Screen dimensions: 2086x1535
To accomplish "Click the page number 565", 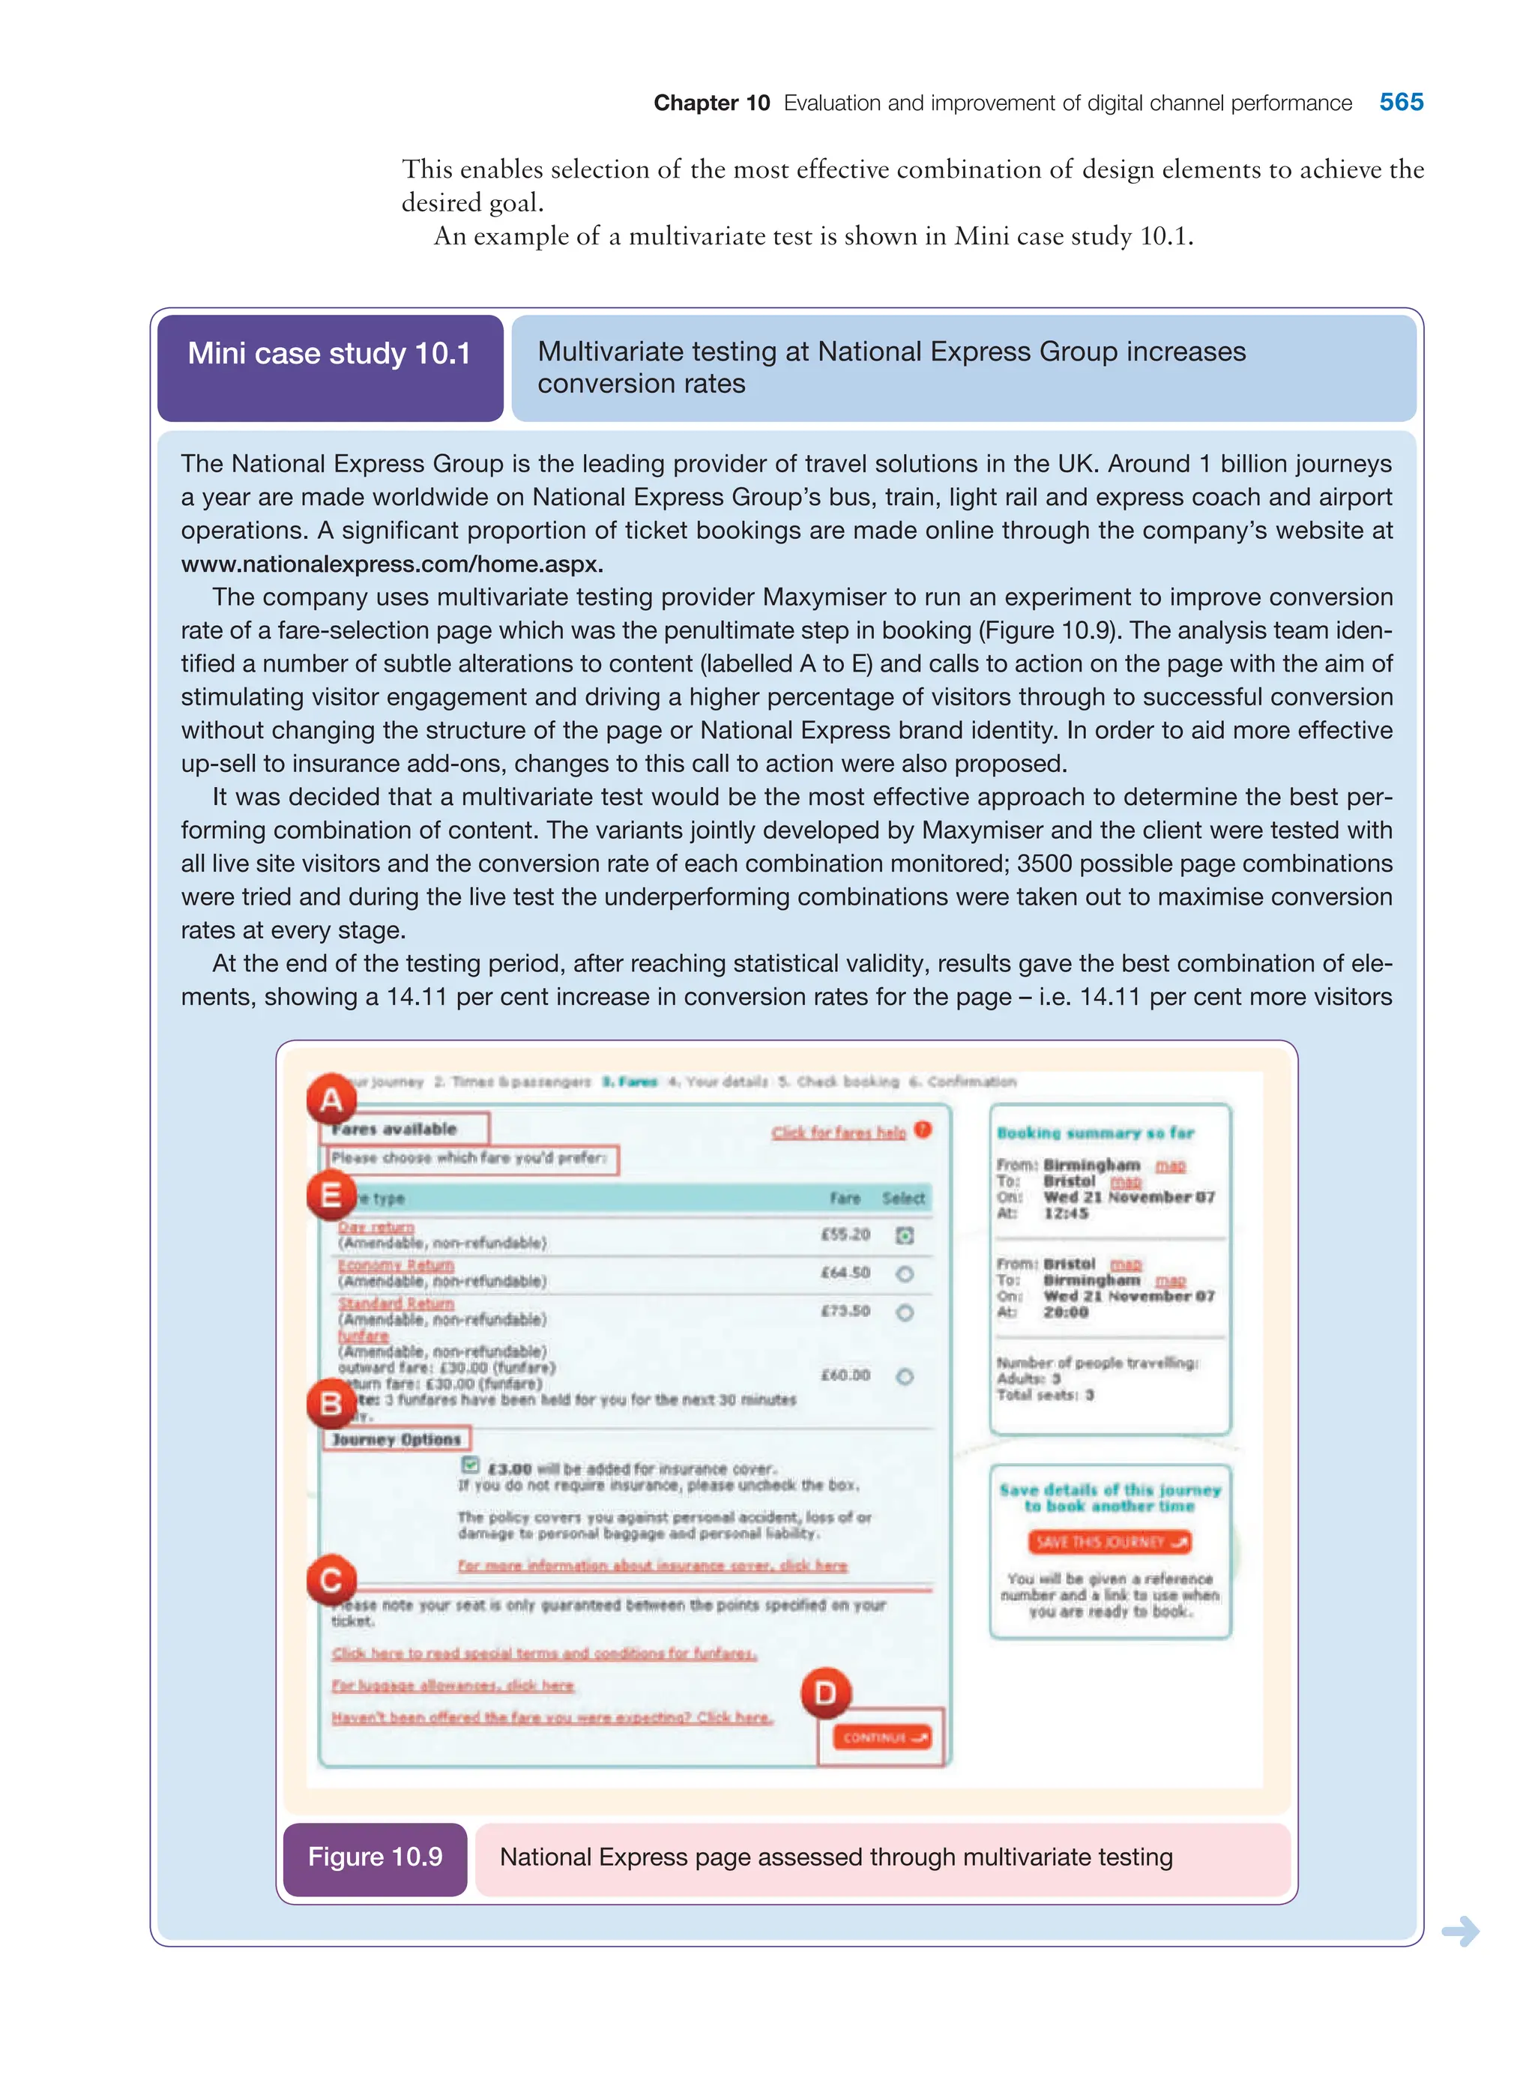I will tap(1400, 102).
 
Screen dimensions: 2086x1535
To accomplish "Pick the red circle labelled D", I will tap(825, 1693).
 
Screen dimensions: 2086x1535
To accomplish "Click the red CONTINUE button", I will tap(881, 1737).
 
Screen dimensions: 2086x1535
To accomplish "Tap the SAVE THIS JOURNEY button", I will tap(1110, 1542).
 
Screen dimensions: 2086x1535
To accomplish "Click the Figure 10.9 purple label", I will tap(375, 1857).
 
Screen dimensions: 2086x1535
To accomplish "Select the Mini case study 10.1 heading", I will tap(329, 354).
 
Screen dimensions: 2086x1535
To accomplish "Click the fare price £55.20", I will tap(845, 1234).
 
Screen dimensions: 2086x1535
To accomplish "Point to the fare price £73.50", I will tap(845, 1311).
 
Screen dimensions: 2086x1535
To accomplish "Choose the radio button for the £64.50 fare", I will tap(904, 1274).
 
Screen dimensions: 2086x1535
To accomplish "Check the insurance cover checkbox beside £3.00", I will tap(470, 1465).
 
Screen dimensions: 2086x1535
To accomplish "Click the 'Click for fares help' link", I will tap(838, 1132).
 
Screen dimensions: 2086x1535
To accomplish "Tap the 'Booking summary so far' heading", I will tap(1094, 1133).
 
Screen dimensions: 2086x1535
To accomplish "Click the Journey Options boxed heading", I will tap(396, 1438).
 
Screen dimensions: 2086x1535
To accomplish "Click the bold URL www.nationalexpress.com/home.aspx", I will tap(391, 564).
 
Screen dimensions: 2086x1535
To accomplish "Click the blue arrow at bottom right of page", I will tap(1460, 1931).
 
